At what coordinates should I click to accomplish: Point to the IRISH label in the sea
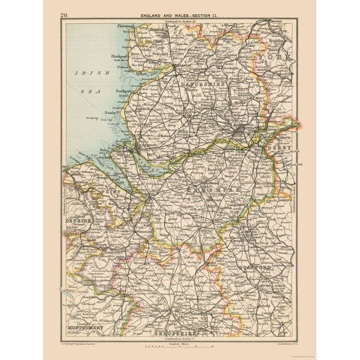[x=83, y=73]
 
